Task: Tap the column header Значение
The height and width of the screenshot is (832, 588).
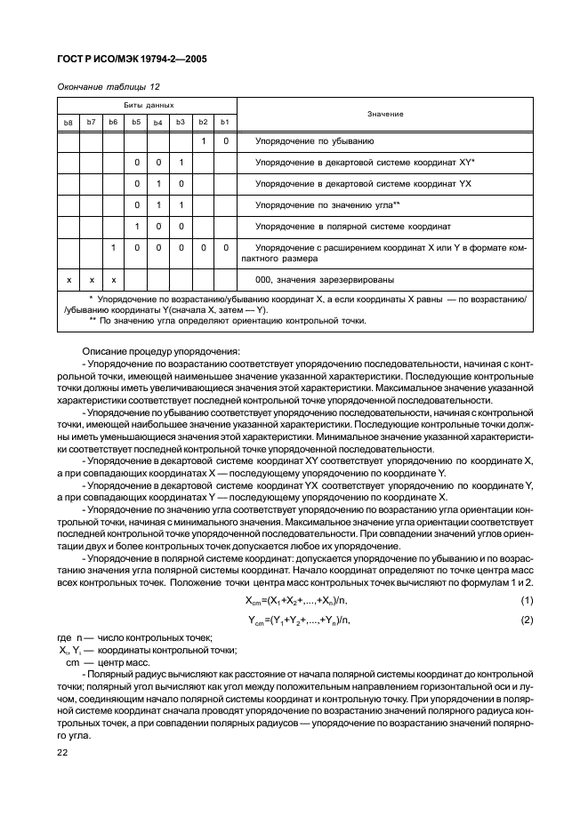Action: pos(384,114)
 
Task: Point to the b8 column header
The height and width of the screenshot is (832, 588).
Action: pos(68,122)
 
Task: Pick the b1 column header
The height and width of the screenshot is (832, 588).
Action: pos(225,122)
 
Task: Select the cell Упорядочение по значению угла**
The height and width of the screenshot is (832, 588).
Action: pos(327,205)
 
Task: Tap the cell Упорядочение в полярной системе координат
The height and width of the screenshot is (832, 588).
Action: pos(353,227)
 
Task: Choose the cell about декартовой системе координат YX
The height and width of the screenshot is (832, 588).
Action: pos(363,184)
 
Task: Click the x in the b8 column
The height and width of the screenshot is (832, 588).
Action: pos(68,279)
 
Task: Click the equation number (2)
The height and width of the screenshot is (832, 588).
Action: pos(526,620)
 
